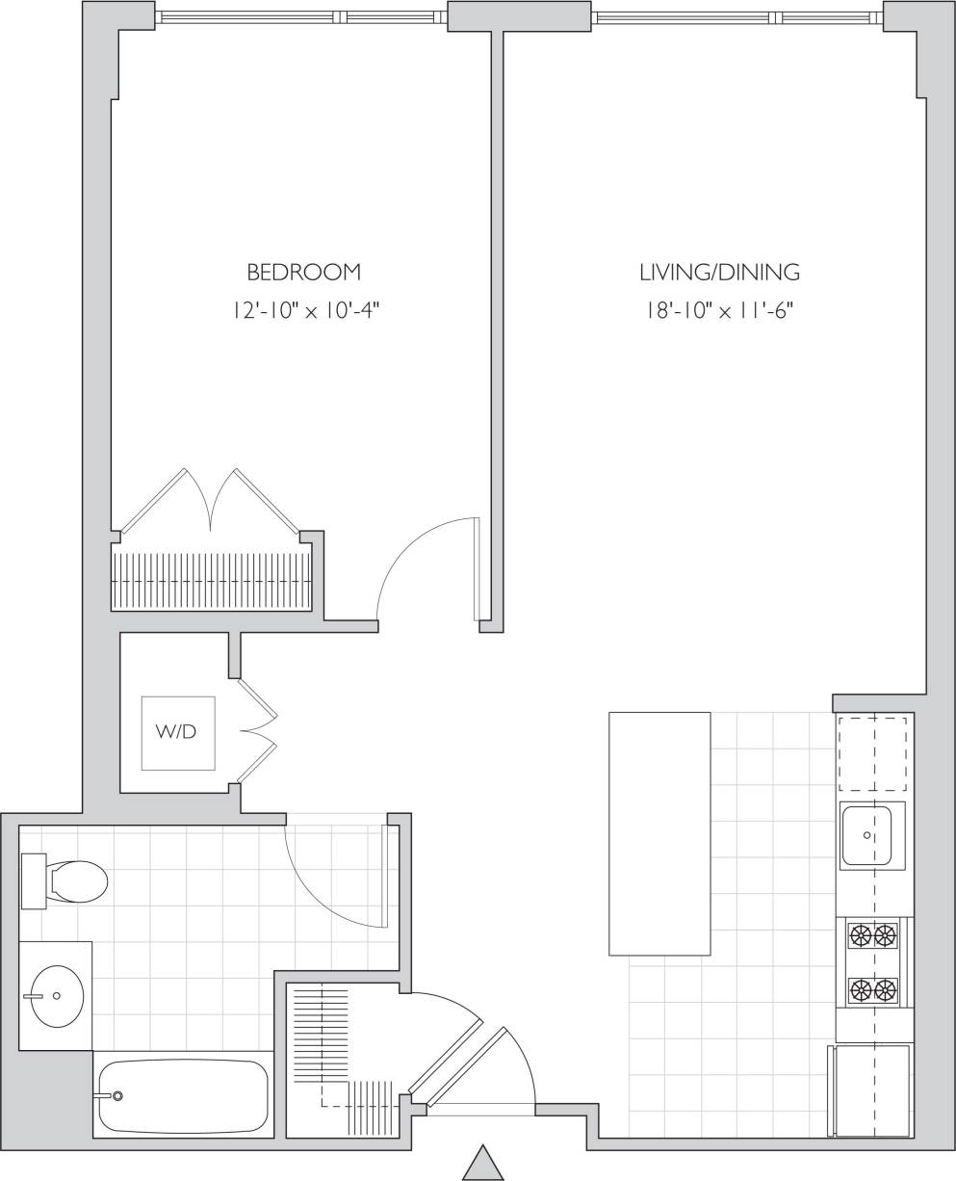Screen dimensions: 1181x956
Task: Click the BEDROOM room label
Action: click(303, 273)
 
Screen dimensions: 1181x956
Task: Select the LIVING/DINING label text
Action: click(719, 273)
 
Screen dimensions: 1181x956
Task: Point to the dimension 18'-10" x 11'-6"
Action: click(719, 311)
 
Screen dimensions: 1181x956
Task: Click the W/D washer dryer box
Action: click(178, 732)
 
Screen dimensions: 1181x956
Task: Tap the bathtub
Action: click(184, 1096)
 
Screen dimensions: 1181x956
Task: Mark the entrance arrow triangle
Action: click(483, 1164)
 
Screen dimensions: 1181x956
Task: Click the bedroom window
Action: click(301, 16)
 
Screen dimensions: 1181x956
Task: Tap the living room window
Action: click(737, 16)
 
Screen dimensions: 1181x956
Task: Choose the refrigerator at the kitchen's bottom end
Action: click(872, 1090)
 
